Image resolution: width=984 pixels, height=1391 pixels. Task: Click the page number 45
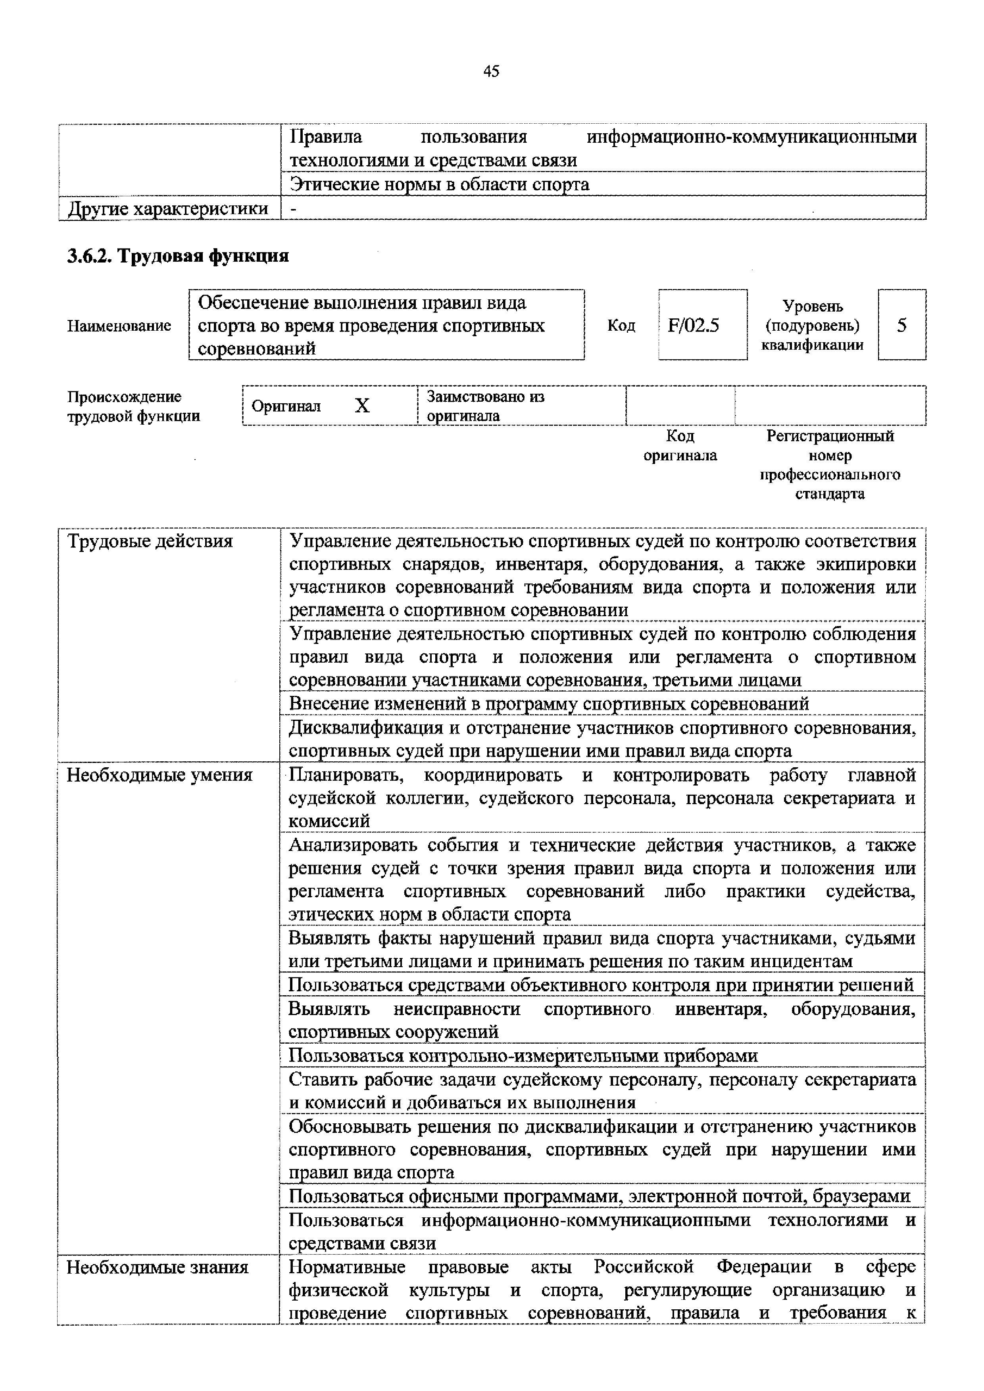491,71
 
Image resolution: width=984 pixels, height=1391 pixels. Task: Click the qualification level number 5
901,326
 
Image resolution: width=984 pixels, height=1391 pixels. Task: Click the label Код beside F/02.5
621,326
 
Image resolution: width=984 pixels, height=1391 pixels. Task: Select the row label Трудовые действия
150,541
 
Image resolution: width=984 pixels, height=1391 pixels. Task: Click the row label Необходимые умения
160,775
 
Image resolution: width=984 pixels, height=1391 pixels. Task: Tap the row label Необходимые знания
158,1267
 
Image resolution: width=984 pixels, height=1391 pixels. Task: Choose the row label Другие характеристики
168,209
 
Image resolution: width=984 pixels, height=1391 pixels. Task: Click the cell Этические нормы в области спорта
439,184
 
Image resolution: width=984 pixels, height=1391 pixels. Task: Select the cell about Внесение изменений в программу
549,703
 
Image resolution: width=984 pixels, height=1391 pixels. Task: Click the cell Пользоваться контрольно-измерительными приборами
523,1056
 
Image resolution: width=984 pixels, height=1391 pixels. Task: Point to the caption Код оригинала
680,446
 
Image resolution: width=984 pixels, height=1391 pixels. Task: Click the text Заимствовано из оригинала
485,406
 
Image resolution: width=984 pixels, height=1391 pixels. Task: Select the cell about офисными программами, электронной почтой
599,1196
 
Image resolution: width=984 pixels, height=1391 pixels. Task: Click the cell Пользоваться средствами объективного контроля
600,985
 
